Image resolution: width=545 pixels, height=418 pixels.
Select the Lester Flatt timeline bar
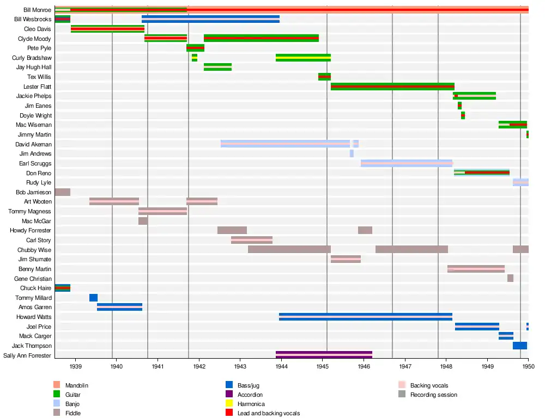tap(392, 87)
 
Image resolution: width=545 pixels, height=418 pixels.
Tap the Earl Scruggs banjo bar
tap(407, 163)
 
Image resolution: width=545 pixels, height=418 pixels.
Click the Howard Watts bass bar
tap(365, 317)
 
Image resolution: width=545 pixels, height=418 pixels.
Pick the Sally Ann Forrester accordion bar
tap(324, 355)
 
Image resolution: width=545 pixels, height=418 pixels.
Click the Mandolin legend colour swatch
tap(57, 385)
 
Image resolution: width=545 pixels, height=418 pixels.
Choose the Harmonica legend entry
tap(251, 404)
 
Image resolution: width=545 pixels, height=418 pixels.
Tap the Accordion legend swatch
tap(229, 395)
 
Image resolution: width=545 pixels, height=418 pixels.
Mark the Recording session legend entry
tap(434, 395)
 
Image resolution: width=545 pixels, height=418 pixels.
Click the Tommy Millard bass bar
tap(93, 298)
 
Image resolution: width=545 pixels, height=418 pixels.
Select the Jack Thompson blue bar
tap(520, 346)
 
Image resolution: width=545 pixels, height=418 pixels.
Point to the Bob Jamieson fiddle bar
tap(62, 192)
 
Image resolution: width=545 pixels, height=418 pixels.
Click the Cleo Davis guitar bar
tap(107, 29)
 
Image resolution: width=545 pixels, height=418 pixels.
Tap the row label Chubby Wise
tap(34, 250)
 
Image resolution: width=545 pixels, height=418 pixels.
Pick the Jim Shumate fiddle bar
tap(346, 259)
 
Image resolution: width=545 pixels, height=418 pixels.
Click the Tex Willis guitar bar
tap(324, 77)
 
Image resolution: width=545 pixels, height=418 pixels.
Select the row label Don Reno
tap(39, 173)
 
